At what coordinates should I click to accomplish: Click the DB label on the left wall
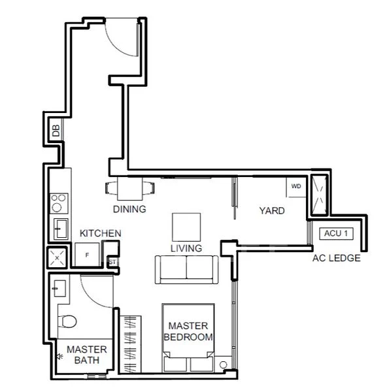pyautogui.click(x=56, y=131)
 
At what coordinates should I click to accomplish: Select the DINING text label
pyautogui.click(x=129, y=210)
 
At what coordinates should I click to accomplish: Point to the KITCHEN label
pyautogui.click(x=100, y=233)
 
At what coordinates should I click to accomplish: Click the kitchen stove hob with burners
pyautogui.click(x=58, y=201)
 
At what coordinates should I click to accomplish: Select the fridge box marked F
pyautogui.click(x=86, y=255)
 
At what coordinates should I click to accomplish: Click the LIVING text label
pyautogui.click(x=186, y=248)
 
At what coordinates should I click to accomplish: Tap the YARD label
pyautogui.click(x=271, y=211)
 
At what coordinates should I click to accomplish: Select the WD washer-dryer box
pyautogui.click(x=296, y=186)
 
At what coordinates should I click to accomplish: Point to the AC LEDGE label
pyautogui.click(x=337, y=258)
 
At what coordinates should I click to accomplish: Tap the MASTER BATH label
pyautogui.click(x=87, y=355)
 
